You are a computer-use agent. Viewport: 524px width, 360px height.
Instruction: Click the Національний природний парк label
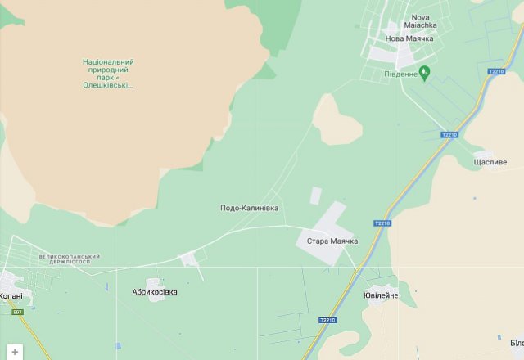[108, 73]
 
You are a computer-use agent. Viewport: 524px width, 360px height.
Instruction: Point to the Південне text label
[400, 74]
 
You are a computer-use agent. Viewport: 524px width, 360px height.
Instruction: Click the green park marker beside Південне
[423, 74]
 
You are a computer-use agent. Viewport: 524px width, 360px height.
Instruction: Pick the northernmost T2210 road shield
[495, 72]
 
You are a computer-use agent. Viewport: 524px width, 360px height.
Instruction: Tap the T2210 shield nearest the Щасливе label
[449, 134]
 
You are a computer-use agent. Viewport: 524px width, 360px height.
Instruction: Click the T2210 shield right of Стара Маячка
[382, 223]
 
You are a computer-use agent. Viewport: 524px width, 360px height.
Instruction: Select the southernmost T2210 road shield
[327, 320]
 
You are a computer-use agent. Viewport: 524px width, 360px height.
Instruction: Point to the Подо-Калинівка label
[249, 208]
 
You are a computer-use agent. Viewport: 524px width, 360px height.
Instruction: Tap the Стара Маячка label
[332, 241]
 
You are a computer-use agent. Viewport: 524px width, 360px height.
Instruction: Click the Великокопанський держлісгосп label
[69, 259]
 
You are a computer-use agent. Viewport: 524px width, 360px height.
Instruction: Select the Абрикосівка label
[155, 291]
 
